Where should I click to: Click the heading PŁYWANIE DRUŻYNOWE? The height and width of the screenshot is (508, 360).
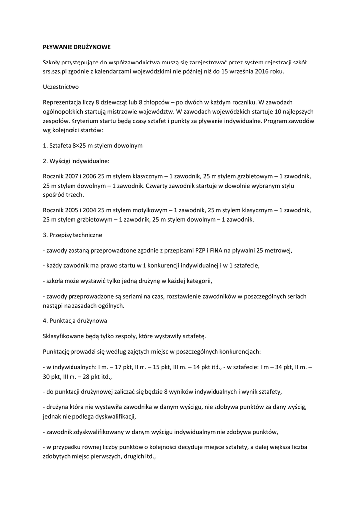click(x=76, y=47)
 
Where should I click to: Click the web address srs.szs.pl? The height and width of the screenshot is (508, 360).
click(x=57, y=71)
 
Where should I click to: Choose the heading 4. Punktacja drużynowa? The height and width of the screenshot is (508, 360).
click(x=75, y=320)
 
